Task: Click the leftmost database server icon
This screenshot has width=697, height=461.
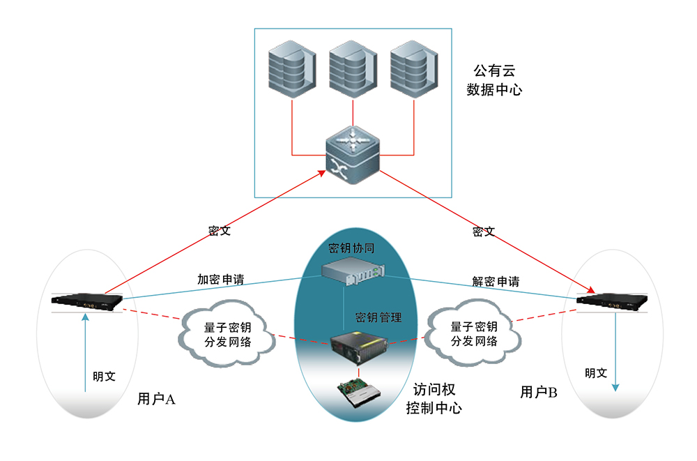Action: (292, 69)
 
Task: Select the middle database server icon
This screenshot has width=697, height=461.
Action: (353, 69)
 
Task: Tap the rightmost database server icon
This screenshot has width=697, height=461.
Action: (414, 69)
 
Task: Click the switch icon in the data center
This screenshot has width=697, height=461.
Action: (353, 155)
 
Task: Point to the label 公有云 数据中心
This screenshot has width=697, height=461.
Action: (494, 80)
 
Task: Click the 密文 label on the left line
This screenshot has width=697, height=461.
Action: (220, 230)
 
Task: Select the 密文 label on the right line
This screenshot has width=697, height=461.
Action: (484, 232)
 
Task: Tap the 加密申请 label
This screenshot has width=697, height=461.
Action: (221, 280)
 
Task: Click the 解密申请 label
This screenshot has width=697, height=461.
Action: (496, 281)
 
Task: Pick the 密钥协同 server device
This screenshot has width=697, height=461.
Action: (353, 271)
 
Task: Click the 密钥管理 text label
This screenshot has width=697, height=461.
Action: (378, 317)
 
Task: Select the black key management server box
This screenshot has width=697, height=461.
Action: (359, 348)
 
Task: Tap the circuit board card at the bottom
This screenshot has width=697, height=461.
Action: (359, 393)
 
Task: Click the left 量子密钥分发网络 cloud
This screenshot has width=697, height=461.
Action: (227, 334)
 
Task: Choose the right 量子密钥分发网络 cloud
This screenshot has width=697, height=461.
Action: (473, 333)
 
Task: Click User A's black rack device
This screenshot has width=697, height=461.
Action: (86, 301)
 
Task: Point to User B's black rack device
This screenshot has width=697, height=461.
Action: (612, 301)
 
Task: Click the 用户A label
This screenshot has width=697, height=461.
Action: (156, 399)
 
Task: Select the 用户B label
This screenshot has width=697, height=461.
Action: (539, 392)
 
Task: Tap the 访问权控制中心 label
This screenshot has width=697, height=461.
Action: (434, 399)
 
